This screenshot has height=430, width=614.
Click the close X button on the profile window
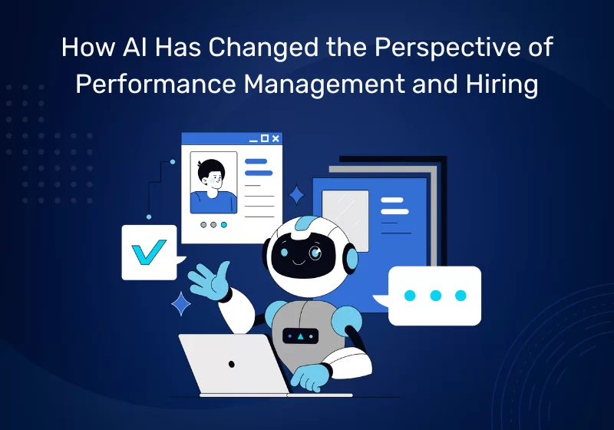276,138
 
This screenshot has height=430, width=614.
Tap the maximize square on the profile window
265,138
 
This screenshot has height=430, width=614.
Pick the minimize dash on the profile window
253,139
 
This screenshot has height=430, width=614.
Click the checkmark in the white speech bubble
149,251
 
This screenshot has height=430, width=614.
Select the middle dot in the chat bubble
435,295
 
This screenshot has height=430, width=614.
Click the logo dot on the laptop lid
230,363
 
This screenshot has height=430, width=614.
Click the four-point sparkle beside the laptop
181,303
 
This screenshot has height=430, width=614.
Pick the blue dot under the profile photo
223,225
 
